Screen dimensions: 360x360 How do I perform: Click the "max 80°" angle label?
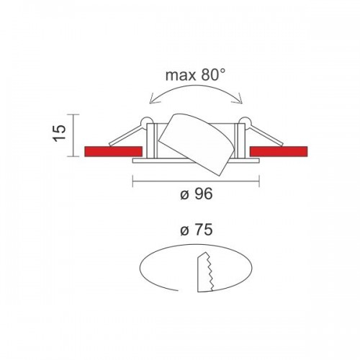point(196,75)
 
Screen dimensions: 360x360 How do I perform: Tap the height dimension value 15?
point(59,132)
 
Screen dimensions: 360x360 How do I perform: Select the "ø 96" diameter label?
point(197,194)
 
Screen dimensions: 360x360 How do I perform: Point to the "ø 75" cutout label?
point(197,230)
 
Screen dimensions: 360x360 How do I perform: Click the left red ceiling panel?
point(113,151)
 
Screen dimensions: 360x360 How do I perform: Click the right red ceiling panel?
point(279,151)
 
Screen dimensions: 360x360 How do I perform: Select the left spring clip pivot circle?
point(147,122)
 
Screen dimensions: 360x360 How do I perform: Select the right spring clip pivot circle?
point(245,122)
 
